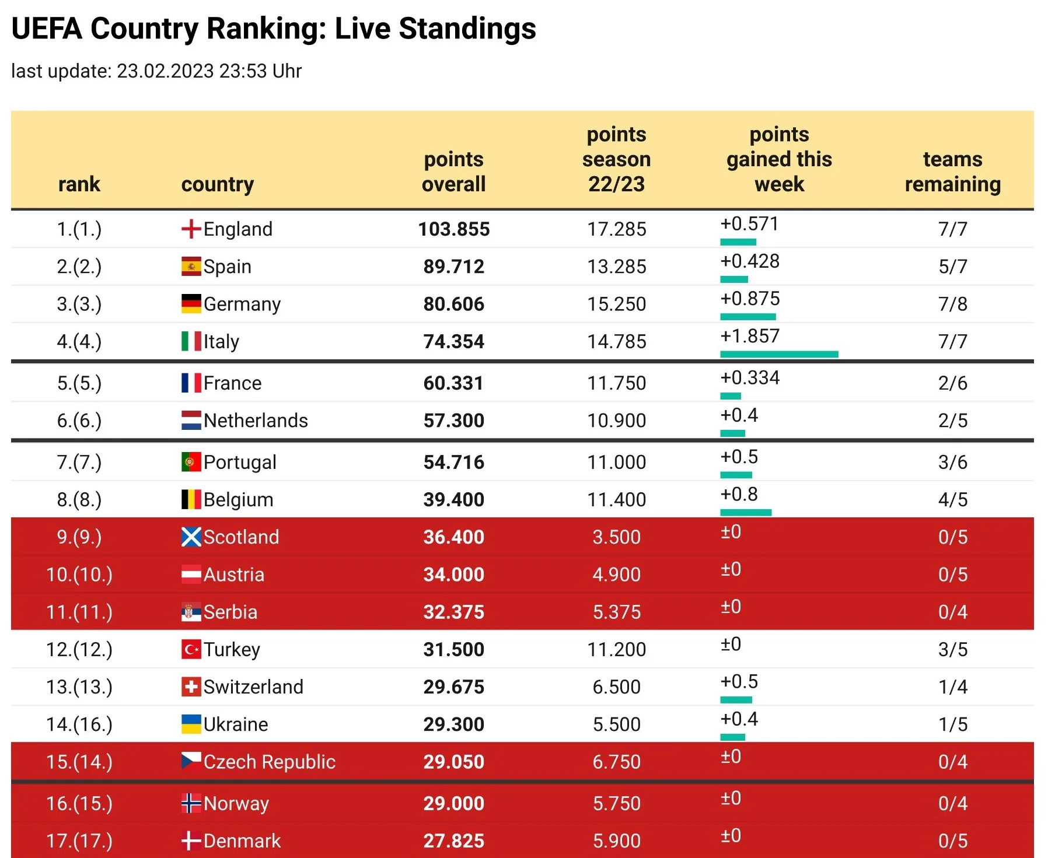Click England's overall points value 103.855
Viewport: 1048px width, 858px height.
(453, 229)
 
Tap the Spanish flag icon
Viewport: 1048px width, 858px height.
(191, 267)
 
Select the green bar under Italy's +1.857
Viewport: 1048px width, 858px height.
(778, 354)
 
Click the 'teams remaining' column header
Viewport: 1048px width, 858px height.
(952, 171)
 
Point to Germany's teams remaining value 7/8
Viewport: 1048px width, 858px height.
(952, 304)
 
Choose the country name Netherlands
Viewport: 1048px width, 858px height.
(256, 421)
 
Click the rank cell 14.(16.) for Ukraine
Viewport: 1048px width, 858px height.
(79, 724)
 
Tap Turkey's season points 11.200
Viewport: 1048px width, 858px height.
(616, 649)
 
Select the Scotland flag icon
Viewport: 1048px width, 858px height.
(191, 537)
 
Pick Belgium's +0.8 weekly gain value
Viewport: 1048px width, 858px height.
(739, 495)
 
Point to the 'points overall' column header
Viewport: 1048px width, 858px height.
(453, 171)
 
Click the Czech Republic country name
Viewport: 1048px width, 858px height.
(269, 762)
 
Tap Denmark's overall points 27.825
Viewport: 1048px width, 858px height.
(453, 841)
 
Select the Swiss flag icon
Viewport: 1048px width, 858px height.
(191, 687)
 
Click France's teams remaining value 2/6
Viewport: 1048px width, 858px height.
(952, 383)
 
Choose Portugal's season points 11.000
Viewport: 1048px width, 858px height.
(616, 463)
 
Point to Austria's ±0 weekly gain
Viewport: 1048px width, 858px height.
(731, 569)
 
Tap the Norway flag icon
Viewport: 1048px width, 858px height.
(191, 804)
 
